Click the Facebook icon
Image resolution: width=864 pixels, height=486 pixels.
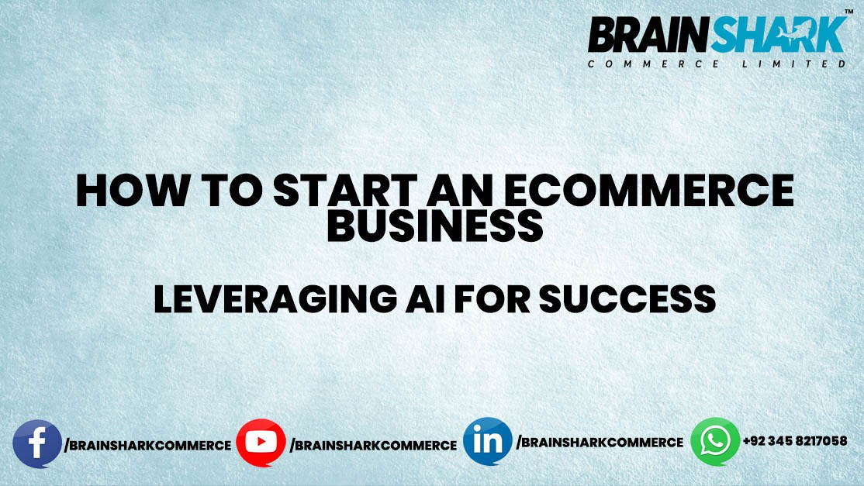pos(37,444)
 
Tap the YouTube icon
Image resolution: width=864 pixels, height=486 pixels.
pos(261,443)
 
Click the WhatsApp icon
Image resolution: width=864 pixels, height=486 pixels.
pos(715,441)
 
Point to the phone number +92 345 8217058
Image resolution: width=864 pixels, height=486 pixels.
pos(794,441)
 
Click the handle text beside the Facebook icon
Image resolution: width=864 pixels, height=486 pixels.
pos(147,446)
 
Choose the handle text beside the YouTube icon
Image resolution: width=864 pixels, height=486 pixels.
pos(373,446)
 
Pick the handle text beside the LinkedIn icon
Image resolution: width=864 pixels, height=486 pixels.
pos(600,443)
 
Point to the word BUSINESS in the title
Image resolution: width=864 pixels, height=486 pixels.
pos(434,225)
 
